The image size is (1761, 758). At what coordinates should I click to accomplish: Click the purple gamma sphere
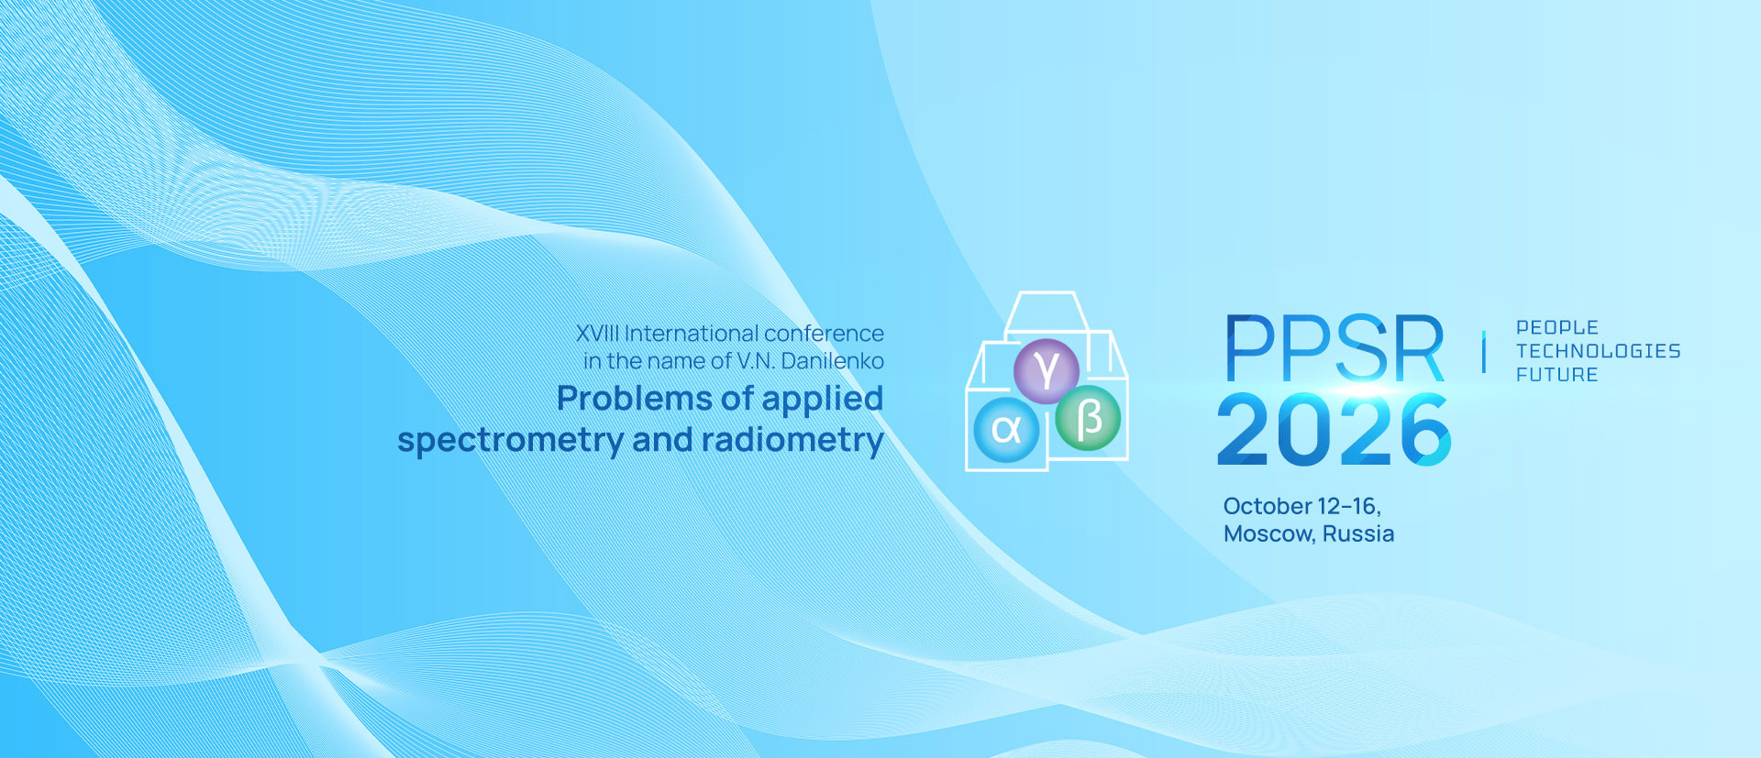coord(1046,370)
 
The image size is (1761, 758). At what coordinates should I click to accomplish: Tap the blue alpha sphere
coord(1006,429)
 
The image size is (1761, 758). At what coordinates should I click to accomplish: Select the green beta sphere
coord(1088,419)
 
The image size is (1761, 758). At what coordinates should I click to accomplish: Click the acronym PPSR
coord(1335,348)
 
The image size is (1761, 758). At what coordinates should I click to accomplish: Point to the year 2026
coord(1334,429)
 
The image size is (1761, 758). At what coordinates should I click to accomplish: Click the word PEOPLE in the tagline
coord(1557,327)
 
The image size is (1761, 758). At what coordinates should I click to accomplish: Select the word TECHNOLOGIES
coord(1599,351)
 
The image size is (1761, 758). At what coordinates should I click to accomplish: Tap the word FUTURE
coord(1557,375)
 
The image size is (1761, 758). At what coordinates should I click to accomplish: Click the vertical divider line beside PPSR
coord(1483,352)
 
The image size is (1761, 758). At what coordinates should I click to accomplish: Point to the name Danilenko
coord(832,361)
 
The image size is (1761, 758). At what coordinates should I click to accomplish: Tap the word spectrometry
coord(511,442)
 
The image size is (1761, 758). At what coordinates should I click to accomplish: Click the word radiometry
coord(792,441)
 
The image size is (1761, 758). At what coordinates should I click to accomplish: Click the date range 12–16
coord(1349,507)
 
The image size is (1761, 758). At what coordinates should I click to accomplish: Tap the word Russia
coord(1358,533)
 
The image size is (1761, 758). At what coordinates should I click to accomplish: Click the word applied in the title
coord(822,400)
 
